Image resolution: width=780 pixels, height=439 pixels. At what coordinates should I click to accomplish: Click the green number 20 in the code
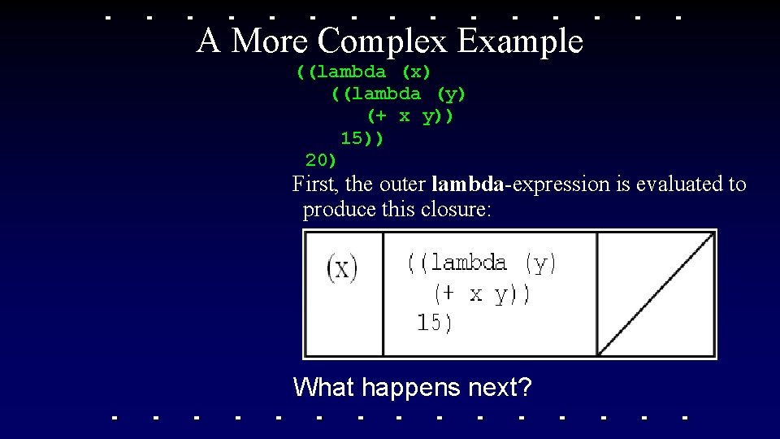click(321, 160)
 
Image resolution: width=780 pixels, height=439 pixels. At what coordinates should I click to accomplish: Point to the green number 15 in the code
click(356, 138)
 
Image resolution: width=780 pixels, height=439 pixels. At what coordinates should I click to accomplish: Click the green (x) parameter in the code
click(416, 72)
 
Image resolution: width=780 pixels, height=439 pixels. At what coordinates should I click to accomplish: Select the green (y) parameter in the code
click(451, 94)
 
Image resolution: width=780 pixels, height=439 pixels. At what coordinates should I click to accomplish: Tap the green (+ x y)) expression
click(410, 116)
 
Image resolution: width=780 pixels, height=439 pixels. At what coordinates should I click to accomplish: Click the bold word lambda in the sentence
click(467, 185)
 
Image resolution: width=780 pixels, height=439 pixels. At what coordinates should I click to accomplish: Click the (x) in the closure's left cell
click(342, 267)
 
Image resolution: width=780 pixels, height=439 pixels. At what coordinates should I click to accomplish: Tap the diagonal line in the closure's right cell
click(656, 293)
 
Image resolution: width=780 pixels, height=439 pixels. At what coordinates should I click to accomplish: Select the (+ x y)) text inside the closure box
click(481, 293)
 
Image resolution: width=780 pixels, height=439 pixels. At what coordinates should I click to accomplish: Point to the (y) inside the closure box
click(541, 263)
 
